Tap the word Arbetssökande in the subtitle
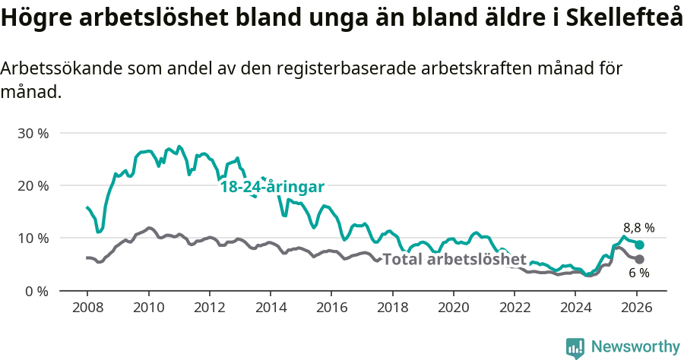coord(56,68)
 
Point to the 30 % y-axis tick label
coord(33,133)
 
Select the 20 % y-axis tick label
coord(33,185)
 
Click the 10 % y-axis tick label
coord(33,238)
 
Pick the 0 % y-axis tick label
coord(36,291)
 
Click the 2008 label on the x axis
coord(87,308)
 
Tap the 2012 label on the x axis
coord(209,308)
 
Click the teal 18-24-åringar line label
coord(273,187)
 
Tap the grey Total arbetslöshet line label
coord(454,259)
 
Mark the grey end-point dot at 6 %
coord(640,260)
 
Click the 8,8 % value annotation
coord(638,227)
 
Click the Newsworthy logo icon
coord(575,348)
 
